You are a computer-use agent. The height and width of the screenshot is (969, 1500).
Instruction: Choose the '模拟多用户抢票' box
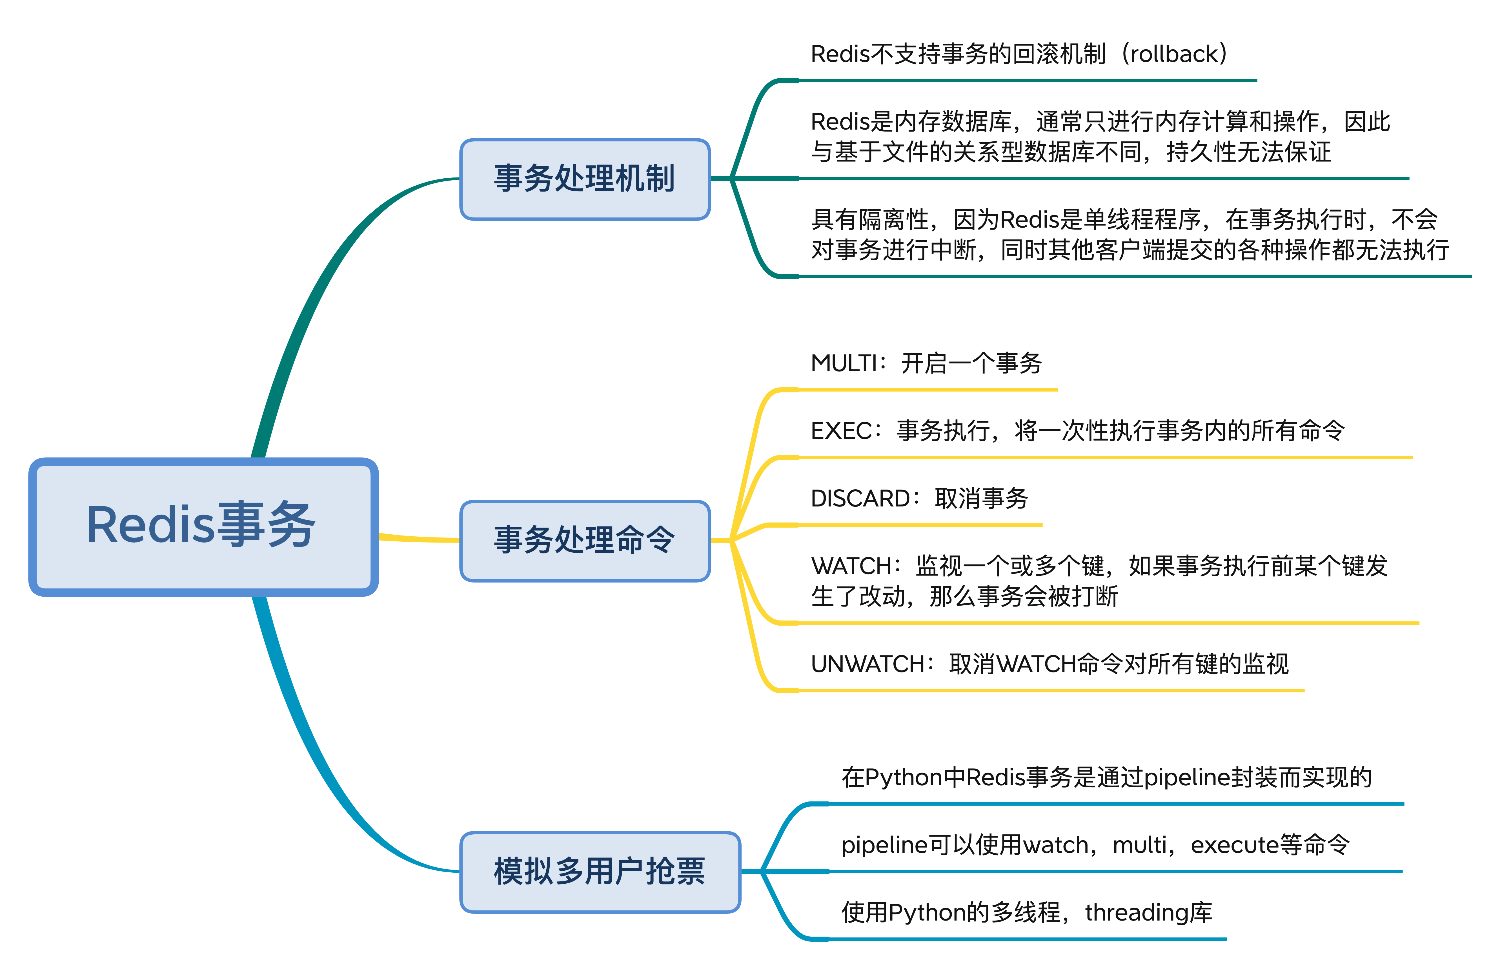point(600,872)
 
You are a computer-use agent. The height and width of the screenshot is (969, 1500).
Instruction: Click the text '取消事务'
point(982,498)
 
